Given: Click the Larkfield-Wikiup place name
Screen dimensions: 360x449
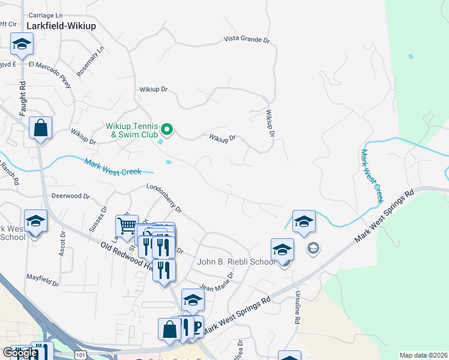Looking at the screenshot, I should (61, 26).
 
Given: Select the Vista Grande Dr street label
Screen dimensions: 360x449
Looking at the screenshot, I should (247, 39).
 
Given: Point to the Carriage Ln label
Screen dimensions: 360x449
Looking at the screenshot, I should (45, 14).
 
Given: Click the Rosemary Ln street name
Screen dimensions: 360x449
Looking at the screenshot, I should (91, 61).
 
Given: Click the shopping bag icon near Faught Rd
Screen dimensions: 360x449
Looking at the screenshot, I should (40, 128).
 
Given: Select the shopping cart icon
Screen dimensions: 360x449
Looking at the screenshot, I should (127, 226).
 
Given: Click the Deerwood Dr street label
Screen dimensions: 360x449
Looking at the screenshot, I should (70, 196).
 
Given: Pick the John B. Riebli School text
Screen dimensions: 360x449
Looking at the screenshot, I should (237, 262).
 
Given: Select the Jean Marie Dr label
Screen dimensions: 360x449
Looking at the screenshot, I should (216, 282).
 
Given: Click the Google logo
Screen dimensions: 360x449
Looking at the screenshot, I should (20, 353).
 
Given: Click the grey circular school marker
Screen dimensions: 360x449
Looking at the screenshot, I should (313, 247).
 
